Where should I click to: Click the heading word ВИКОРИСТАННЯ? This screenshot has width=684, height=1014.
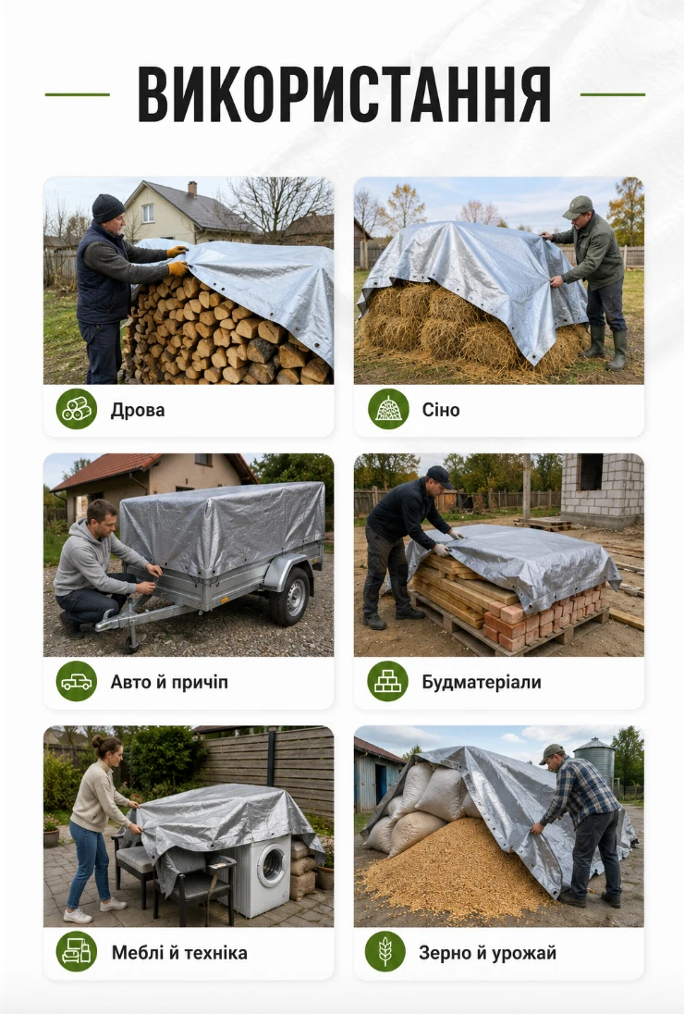[x=344, y=94]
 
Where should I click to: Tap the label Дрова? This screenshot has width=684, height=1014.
[x=138, y=410]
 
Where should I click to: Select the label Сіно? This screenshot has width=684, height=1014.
[x=441, y=410]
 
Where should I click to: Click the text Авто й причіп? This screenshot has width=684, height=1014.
[x=169, y=682]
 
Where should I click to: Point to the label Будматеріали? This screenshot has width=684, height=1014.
[x=482, y=682]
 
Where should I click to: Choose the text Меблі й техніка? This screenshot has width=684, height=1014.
[x=179, y=953]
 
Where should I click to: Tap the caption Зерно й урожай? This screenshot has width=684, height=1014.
[x=487, y=953]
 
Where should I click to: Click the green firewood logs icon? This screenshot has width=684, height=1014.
[x=76, y=409]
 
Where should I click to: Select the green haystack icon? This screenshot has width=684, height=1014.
[x=388, y=409]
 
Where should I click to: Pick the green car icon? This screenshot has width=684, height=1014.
[x=76, y=681]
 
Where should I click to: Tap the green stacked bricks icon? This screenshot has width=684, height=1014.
[x=387, y=681]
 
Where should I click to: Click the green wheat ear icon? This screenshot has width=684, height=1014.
[x=385, y=951]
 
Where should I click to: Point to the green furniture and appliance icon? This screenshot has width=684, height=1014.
[x=76, y=951]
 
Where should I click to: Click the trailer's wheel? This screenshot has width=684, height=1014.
[x=291, y=596]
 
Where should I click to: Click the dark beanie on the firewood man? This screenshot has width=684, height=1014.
[x=107, y=207]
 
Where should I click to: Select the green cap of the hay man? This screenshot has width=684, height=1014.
[x=578, y=207]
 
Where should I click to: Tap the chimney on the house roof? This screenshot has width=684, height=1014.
[x=192, y=188]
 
